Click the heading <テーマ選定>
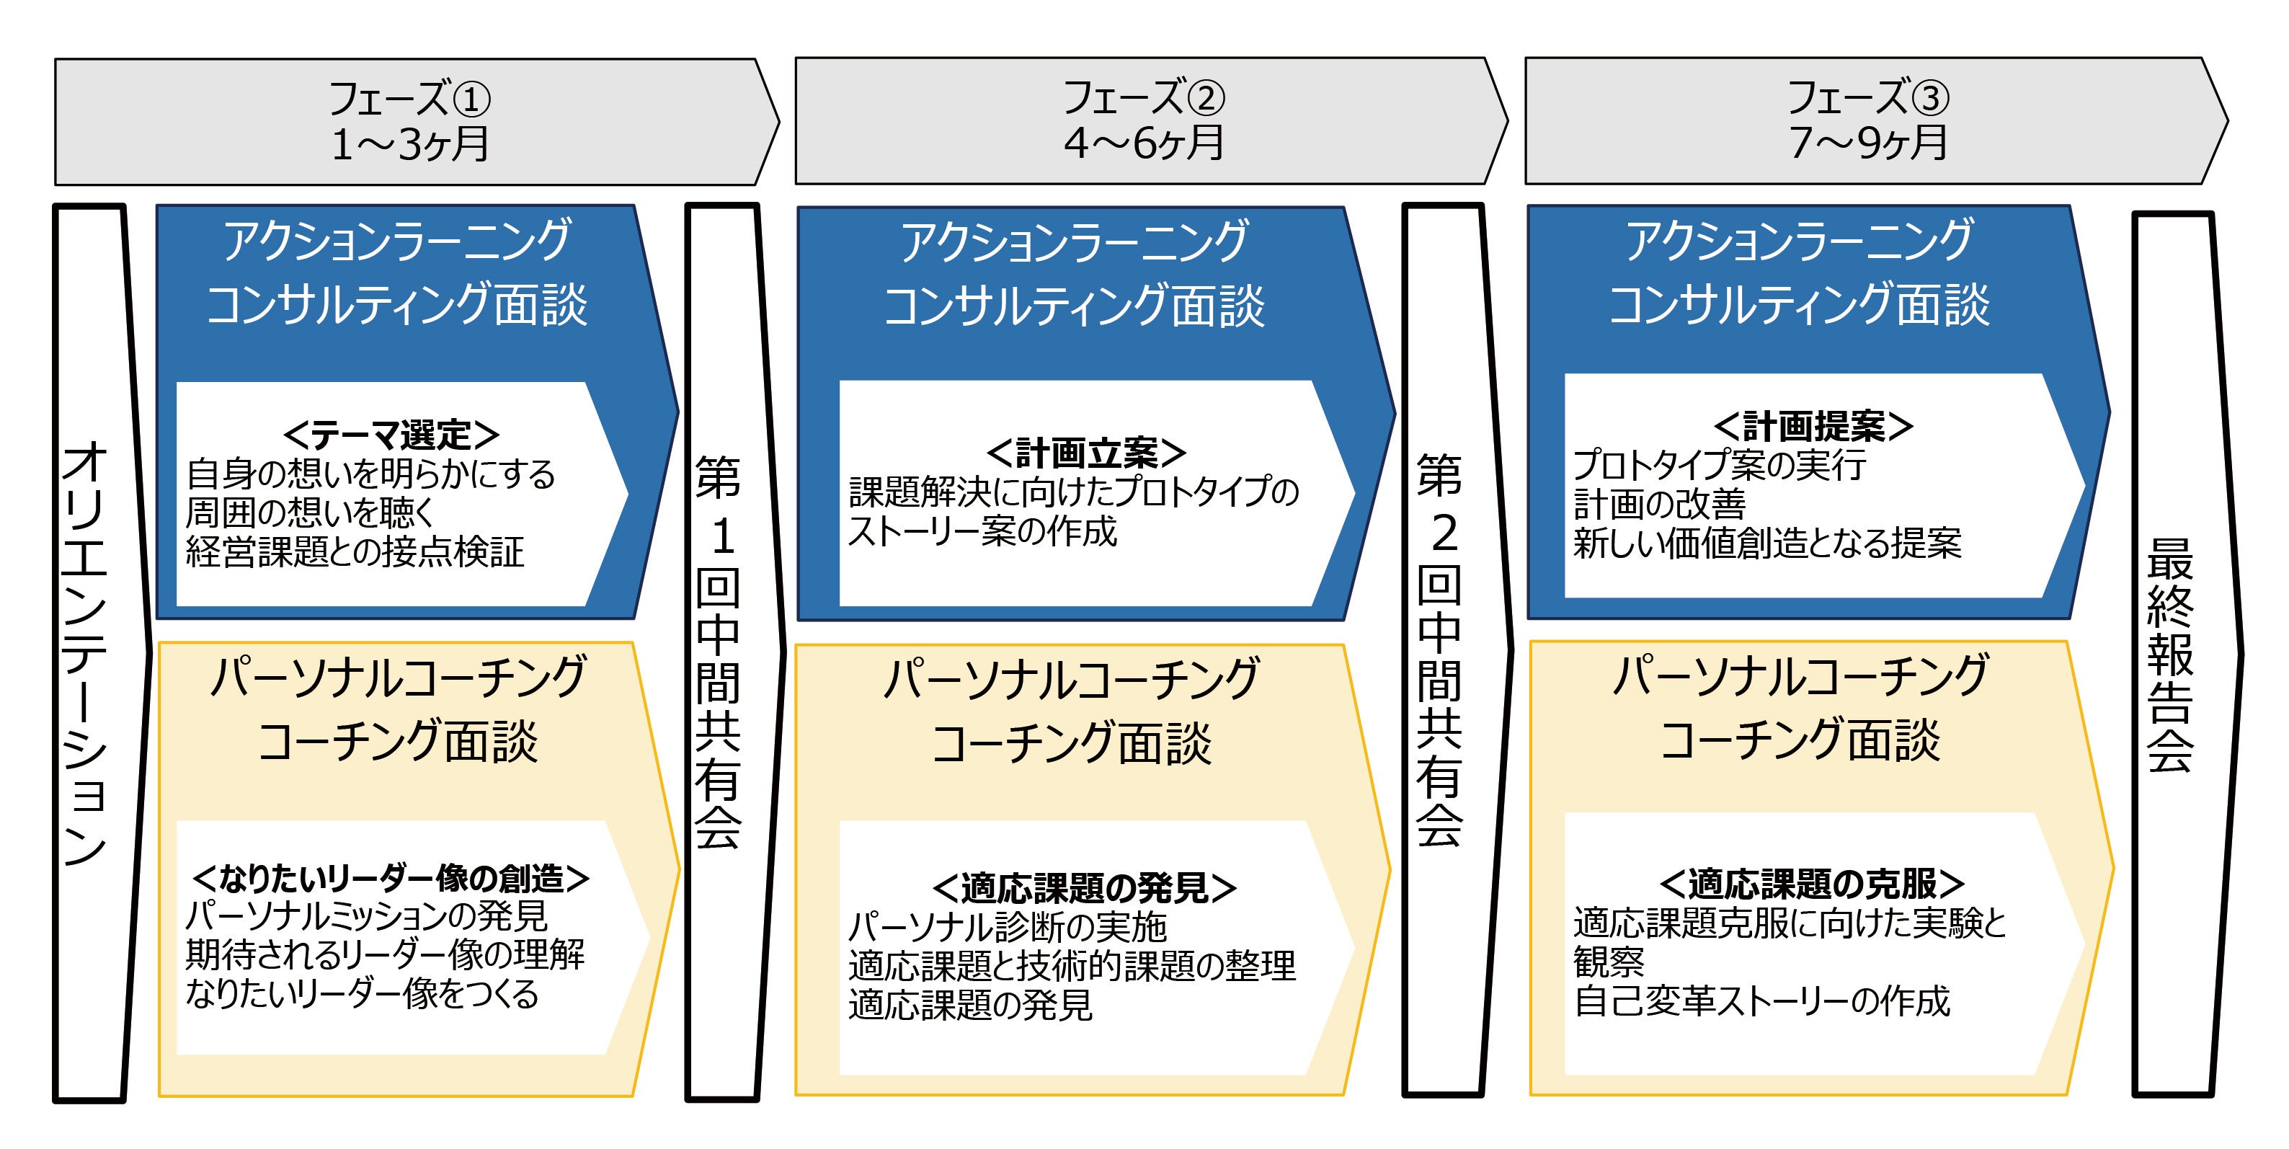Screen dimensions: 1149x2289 391,435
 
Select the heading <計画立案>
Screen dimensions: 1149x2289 1086,453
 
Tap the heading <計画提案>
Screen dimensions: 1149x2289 1813,427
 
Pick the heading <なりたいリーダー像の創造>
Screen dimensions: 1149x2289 391,878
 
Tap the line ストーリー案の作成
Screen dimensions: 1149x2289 982,531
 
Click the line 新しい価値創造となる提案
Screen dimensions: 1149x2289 1766,543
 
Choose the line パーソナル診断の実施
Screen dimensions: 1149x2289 1007,927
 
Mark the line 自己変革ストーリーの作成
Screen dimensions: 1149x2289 1761,1001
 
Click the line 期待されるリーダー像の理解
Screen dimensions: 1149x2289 385,954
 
